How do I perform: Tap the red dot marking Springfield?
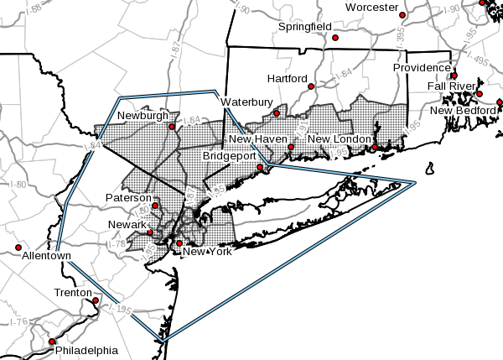coord(335,38)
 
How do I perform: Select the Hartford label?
coord(288,78)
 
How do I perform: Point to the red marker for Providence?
coord(454,76)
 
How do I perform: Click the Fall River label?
coord(452,86)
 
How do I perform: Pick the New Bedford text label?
coord(464,111)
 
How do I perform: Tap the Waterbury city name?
coord(247,102)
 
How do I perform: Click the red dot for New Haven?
coord(291,148)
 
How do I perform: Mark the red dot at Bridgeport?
coord(260,168)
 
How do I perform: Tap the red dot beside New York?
coord(179,243)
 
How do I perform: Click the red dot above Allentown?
coord(18,248)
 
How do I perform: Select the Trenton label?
coord(72,292)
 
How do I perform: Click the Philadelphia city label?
coord(86,350)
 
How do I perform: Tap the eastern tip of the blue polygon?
coord(416,182)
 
